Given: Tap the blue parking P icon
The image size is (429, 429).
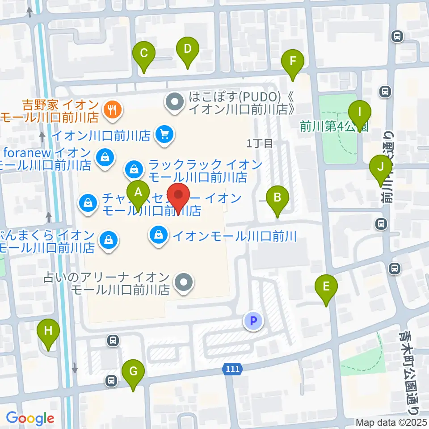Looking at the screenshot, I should click(x=253, y=320).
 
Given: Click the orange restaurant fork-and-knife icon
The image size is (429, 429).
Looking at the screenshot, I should click(x=111, y=108).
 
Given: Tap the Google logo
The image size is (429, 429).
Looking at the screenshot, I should click(x=30, y=418).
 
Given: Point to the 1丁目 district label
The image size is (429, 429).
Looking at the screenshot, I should click(x=260, y=143).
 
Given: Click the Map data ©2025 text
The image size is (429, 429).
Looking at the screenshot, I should click(x=392, y=422).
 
